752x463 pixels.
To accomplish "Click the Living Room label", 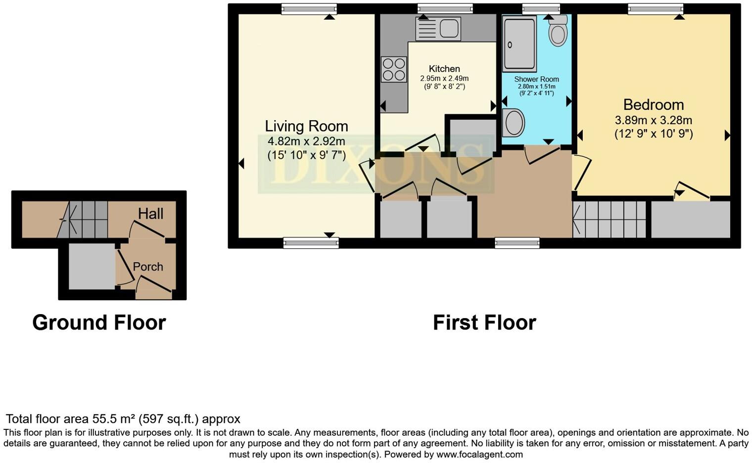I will pyautogui.click(x=306, y=126).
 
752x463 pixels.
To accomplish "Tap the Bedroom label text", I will pyautogui.click(x=653, y=105).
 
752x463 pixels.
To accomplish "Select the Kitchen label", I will pyautogui.click(x=444, y=69).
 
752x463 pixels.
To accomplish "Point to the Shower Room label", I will pyautogui.click(x=536, y=79).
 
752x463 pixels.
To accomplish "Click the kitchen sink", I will pyautogui.click(x=438, y=28).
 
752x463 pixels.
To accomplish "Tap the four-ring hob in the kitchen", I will pyautogui.click(x=394, y=69).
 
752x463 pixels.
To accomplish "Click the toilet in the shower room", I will pyautogui.click(x=558, y=31).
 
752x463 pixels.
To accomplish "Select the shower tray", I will pyautogui.click(x=519, y=44).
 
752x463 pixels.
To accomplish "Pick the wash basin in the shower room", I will pyautogui.click(x=513, y=122).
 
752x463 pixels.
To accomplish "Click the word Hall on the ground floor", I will pyautogui.click(x=150, y=214).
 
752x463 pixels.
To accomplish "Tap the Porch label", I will pyautogui.click(x=148, y=267).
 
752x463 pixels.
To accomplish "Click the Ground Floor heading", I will pyautogui.click(x=99, y=323).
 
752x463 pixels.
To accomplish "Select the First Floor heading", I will pyautogui.click(x=484, y=323).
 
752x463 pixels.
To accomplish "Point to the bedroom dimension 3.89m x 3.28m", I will pyautogui.click(x=653, y=120).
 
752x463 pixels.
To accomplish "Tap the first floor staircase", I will pyautogui.click(x=610, y=219).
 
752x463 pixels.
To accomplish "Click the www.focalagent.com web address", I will pyautogui.click(x=479, y=454).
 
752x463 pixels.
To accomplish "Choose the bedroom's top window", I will pyautogui.click(x=656, y=8).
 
